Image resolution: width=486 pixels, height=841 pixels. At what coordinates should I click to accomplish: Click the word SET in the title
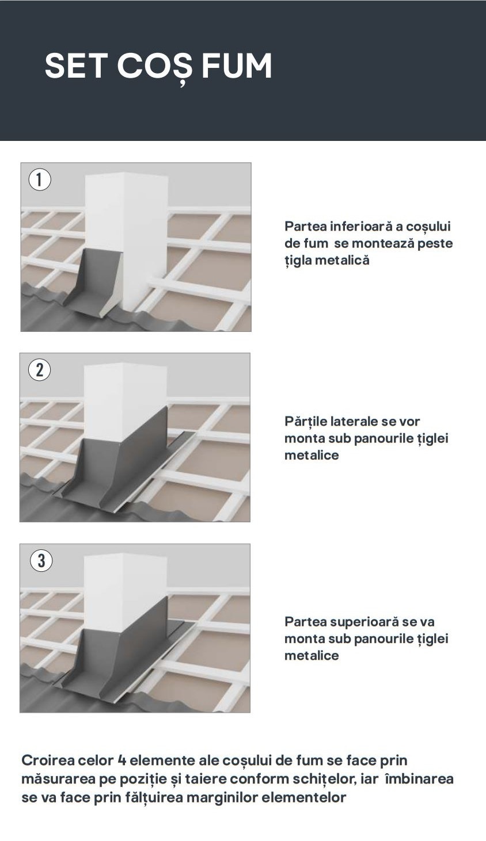[x=75, y=66]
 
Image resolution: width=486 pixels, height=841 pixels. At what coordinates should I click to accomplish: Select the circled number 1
[x=40, y=179]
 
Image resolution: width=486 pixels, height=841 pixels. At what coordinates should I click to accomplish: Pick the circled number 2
[x=40, y=370]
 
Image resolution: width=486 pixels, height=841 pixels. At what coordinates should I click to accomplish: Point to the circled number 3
[x=40, y=561]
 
